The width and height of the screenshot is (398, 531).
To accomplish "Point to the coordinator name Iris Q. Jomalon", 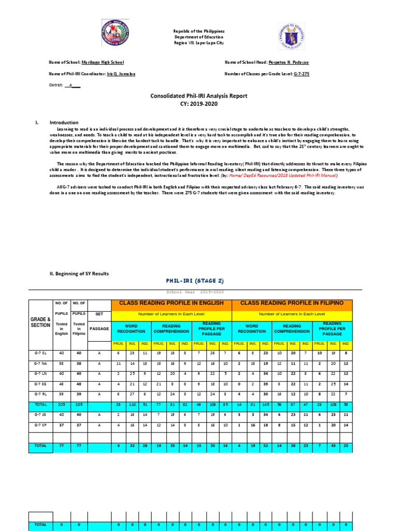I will coord(121,74).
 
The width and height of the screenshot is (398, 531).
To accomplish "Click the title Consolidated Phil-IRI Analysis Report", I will coord(199,96).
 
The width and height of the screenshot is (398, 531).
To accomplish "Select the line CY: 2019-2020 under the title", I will coord(199,104).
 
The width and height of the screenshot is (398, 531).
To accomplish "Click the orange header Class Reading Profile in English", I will coord(172,302).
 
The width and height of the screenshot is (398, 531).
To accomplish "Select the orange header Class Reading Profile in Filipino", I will coord(292,302).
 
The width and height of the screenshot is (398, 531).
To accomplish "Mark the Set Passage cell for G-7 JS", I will coord(99,414).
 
